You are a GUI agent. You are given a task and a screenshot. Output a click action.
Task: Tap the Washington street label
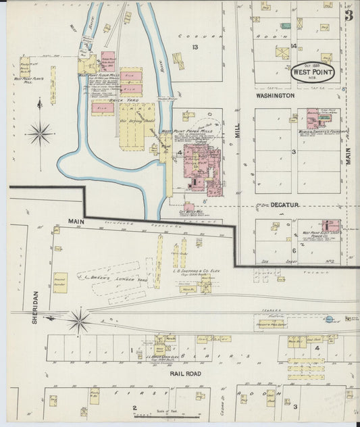(x=275, y=96)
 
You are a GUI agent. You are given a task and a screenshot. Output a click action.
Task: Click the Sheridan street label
(x=35, y=307)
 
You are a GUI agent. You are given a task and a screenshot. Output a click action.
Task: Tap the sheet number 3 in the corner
(x=349, y=16)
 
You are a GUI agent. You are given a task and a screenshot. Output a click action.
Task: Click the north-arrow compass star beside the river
(x=40, y=132)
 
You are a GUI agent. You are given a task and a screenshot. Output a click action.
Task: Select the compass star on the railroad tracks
(x=79, y=320)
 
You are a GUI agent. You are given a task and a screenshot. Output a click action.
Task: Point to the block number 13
(x=195, y=47)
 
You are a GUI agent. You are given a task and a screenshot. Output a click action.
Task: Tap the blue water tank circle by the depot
(x=328, y=319)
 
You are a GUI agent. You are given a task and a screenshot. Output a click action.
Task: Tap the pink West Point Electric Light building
(x=331, y=226)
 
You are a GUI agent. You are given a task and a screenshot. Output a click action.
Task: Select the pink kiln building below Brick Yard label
(x=103, y=107)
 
